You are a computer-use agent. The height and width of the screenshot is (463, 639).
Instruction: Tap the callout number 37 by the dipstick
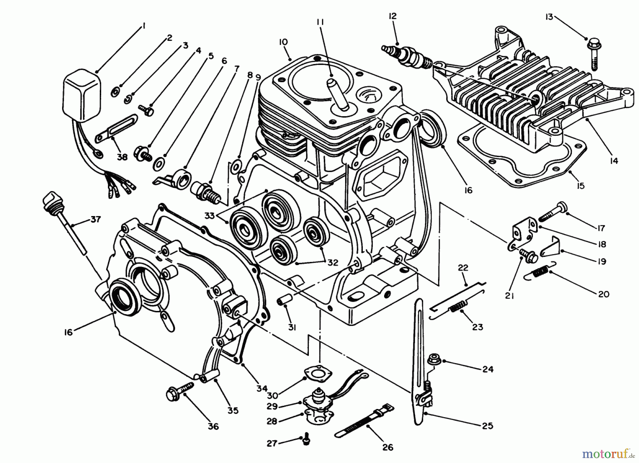click(x=95, y=219)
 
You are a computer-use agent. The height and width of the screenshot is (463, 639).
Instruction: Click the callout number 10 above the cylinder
click(x=283, y=42)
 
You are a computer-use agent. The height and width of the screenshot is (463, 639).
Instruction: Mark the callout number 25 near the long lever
click(x=488, y=425)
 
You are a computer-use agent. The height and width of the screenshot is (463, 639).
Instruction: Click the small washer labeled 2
click(x=116, y=93)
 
